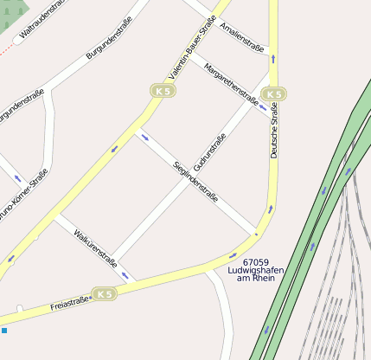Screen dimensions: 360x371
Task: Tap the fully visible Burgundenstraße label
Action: coord(109,38)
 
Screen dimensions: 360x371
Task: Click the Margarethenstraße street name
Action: coord(231,79)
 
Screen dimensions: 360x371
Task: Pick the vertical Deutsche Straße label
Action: coord(274,130)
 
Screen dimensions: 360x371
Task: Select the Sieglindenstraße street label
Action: coord(195,181)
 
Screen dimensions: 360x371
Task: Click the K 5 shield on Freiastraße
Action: coord(105,294)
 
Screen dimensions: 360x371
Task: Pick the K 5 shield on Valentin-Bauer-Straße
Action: coord(162,90)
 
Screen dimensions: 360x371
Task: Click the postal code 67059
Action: coord(256,261)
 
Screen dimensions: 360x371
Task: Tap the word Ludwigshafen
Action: coord(256,270)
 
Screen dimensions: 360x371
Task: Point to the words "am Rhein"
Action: coord(255,279)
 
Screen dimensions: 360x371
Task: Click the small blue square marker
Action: coord(4,331)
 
